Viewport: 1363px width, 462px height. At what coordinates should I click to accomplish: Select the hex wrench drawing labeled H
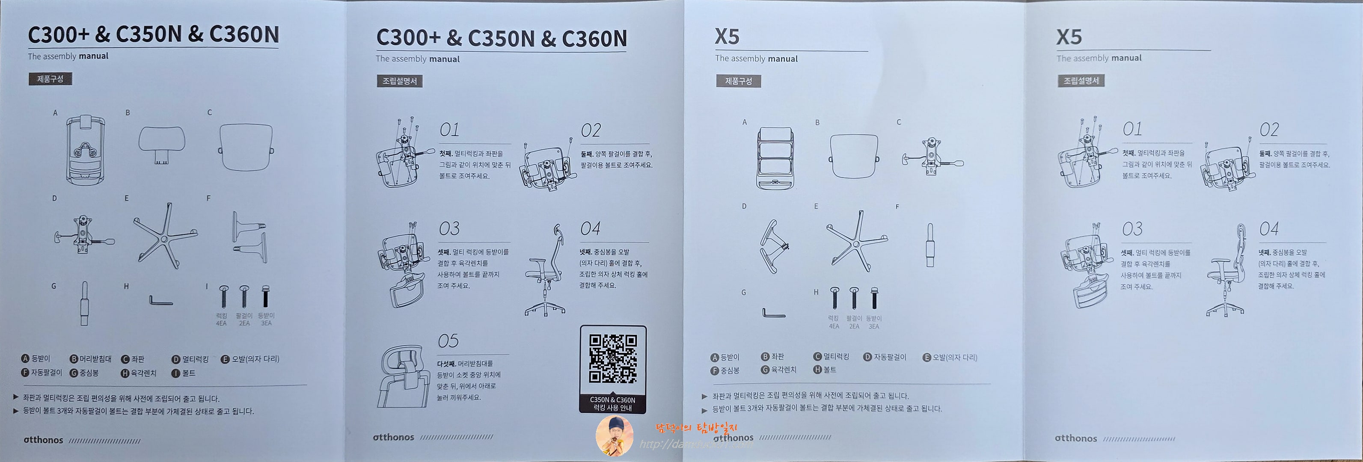(x=160, y=301)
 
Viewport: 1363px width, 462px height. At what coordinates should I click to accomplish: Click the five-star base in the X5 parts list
(x=856, y=241)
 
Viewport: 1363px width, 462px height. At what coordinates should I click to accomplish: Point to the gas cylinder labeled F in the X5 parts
(x=929, y=245)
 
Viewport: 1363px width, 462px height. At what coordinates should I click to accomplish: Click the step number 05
(x=448, y=341)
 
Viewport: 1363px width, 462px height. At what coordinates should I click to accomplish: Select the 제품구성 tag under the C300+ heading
(x=50, y=79)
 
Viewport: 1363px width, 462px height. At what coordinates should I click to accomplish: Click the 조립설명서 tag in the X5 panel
(x=1081, y=80)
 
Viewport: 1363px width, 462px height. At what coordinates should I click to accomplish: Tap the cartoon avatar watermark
(x=614, y=435)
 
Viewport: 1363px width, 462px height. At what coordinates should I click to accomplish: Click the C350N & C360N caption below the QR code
(x=613, y=403)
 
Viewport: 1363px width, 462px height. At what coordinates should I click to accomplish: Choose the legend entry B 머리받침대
(x=91, y=359)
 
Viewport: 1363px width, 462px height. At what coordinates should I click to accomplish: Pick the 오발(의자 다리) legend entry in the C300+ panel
(x=250, y=359)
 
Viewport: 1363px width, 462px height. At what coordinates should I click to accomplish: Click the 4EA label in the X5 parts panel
(x=834, y=326)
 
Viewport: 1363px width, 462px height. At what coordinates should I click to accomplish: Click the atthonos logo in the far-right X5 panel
(x=1076, y=438)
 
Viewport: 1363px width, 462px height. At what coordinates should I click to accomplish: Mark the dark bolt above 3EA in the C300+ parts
(x=266, y=296)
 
